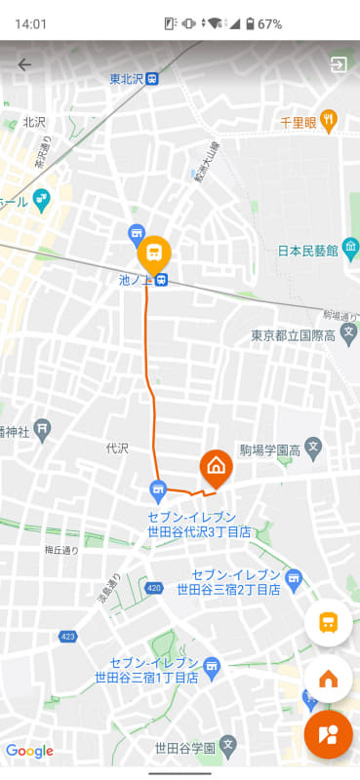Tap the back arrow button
pos(24,65)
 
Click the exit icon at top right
pos(339,65)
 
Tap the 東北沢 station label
pos(128,79)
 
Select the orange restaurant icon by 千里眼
pos(330,121)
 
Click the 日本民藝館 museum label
pos(307,251)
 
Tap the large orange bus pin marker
pos(153,255)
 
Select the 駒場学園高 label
pos(268,450)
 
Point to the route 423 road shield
pos(67,637)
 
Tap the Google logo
pos(29,751)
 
